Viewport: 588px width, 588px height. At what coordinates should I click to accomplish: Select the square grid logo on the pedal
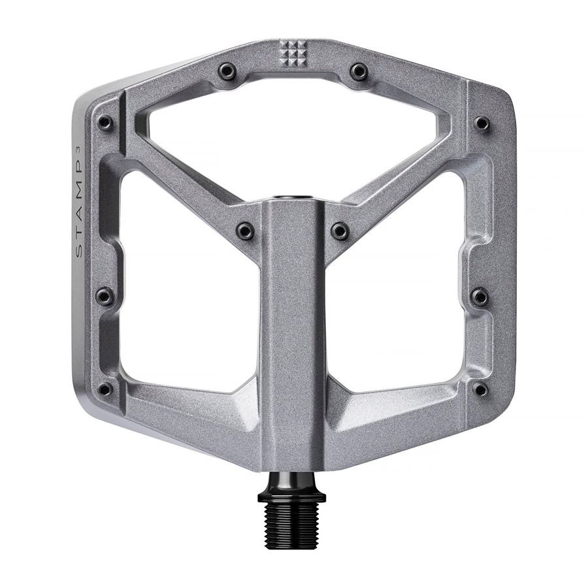[292, 52]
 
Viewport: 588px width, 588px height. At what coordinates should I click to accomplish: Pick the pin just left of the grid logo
[227, 71]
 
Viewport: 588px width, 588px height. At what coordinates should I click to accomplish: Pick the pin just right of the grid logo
[359, 71]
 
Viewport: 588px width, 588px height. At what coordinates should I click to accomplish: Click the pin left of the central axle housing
[245, 230]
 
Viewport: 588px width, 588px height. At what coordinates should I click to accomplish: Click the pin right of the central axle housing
[340, 230]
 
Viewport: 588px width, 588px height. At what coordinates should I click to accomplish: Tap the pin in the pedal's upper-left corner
[105, 123]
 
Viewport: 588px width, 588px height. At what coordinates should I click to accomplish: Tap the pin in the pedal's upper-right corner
[482, 123]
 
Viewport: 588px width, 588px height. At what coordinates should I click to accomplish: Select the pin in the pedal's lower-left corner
[105, 389]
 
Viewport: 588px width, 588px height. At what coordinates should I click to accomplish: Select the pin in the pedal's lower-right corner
[481, 389]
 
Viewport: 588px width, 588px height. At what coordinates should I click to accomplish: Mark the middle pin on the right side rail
[480, 297]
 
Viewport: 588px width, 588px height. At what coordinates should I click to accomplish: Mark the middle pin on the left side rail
[105, 297]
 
